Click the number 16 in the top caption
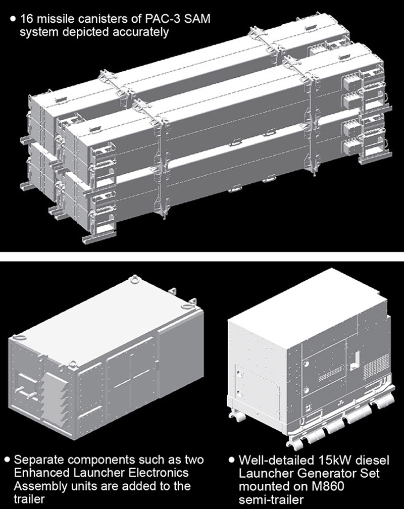pyautogui.click(x=26, y=19)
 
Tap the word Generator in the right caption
pyautogui.click(x=324, y=473)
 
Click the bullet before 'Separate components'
pyautogui.click(x=7, y=460)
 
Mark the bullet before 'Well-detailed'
pyautogui.click(x=232, y=460)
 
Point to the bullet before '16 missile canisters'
pyautogui.click(x=13, y=19)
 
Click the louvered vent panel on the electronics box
pyautogui.click(x=54, y=400)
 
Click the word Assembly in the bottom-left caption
pyautogui.click(x=38, y=486)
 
